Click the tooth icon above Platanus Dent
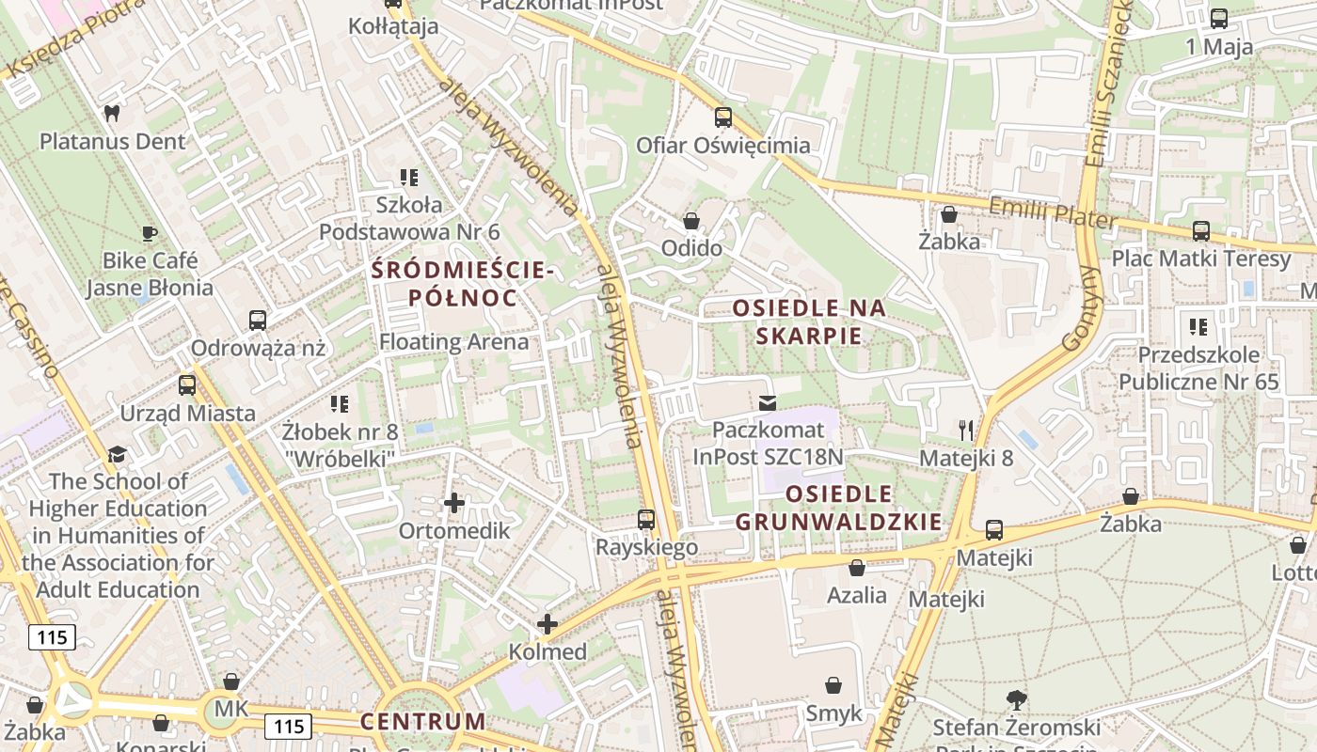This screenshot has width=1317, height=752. (x=112, y=114)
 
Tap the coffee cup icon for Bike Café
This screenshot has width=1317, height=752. (x=149, y=233)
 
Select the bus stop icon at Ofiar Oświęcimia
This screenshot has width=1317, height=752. (x=722, y=117)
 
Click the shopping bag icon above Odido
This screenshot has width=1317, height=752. (x=691, y=221)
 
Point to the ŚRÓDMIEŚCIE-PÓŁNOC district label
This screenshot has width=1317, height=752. (x=462, y=284)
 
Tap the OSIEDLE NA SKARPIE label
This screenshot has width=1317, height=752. (x=809, y=321)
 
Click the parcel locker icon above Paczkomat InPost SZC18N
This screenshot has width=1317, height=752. (x=768, y=402)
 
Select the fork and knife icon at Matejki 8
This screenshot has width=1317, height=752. (x=966, y=431)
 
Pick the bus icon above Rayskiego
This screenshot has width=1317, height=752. (x=646, y=519)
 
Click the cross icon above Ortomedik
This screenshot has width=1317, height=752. (x=454, y=503)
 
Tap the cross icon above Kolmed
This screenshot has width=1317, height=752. (x=547, y=624)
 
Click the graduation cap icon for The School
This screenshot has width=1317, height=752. (x=117, y=454)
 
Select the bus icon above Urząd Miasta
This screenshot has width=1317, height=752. (x=187, y=385)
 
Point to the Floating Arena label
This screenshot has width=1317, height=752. (x=453, y=342)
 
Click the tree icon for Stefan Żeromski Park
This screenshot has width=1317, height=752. (x=1016, y=699)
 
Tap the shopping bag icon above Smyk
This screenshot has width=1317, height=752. (x=833, y=685)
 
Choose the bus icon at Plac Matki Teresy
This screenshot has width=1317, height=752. (x=1200, y=231)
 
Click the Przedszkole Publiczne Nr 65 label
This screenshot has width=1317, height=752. (x=1198, y=368)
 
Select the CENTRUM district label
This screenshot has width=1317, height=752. (x=423, y=722)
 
